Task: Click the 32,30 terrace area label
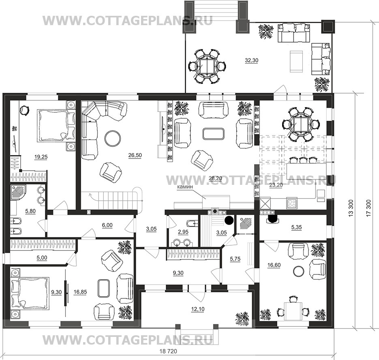[251, 60]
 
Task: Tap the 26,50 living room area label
[135, 155]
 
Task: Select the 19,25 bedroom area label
[41, 157]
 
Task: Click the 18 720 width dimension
[168, 351]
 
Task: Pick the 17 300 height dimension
[368, 208]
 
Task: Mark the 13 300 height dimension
[351, 208]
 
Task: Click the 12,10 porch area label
[197, 309]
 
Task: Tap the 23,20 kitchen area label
[276, 185]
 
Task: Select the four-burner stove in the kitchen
[292, 203]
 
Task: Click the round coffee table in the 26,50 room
[112, 138]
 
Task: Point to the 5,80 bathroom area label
[30, 211]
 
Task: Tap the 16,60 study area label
[274, 265]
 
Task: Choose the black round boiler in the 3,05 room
[229, 220]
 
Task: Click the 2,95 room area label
[183, 232]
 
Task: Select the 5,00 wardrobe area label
[42, 258]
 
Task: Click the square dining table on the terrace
[207, 66]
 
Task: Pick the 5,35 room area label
[296, 227]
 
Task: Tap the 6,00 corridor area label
[107, 225]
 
